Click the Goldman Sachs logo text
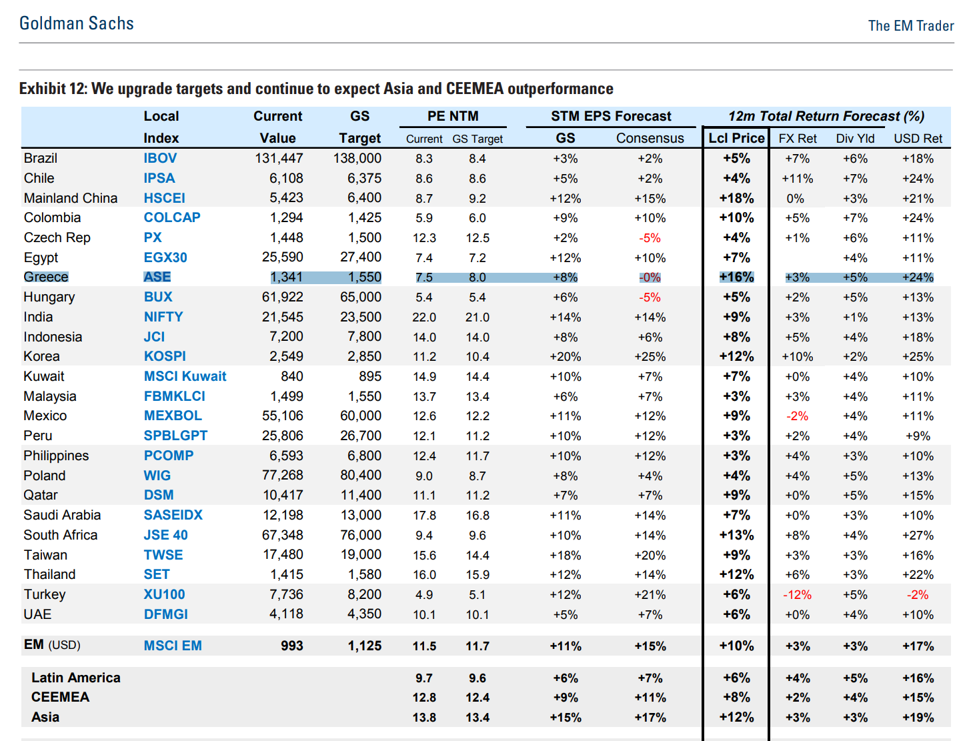(77, 23)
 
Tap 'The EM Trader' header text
(911, 25)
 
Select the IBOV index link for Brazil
(160, 158)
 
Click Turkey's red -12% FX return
(797, 594)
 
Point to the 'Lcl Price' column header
(736, 138)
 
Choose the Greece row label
(46, 277)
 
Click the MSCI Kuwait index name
(185, 376)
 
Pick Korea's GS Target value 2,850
(364, 356)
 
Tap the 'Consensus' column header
(650, 138)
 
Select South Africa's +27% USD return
(918, 535)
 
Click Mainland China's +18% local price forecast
(736, 198)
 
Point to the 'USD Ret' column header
(918, 139)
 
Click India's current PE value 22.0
(423, 317)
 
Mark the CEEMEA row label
(60, 697)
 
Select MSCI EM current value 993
(292, 646)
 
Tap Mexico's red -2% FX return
(797, 416)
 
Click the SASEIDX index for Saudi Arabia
(173, 515)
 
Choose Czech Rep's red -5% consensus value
(650, 238)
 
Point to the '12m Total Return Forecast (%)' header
(826, 116)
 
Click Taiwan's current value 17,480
(283, 554)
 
